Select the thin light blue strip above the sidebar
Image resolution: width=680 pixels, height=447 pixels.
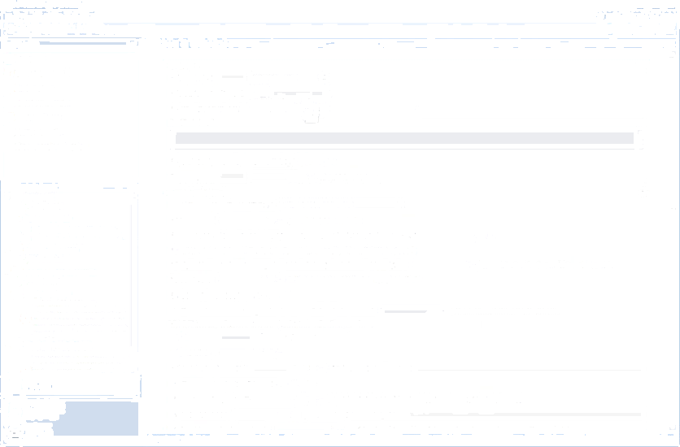tap(82, 42)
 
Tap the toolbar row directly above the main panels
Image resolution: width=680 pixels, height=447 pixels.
tap(399, 42)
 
